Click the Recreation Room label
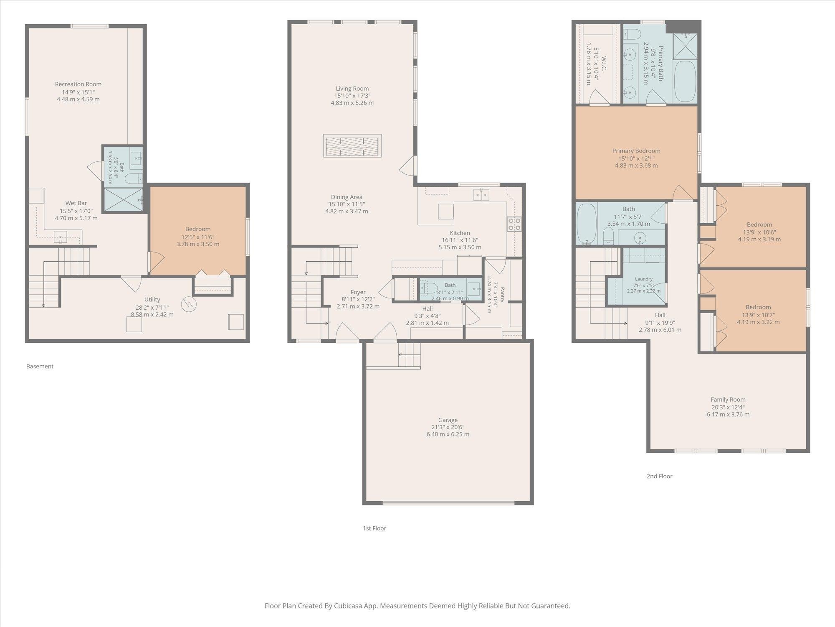pyautogui.click(x=78, y=84)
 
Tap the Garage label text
pyautogui.click(x=448, y=420)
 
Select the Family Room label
pyautogui.click(x=728, y=400)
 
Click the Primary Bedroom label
pyautogui.click(x=636, y=151)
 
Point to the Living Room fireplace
pyautogui.click(x=352, y=145)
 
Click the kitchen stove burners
pyautogui.click(x=514, y=224)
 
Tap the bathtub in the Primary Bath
pyautogui.click(x=685, y=82)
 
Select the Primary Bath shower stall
pyautogui.click(x=685, y=46)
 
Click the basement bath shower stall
pyautogui.click(x=123, y=199)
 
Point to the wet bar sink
pyautogui.click(x=61, y=237)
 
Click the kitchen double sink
pyautogui.click(x=481, y=195)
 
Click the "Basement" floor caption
pyautogui.click(x=40, y=367)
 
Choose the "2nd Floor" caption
pyautogui.click(x=660, y=476)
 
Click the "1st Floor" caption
pyautogui.click(x=374, y=528)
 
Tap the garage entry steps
pyautogui.click(x=409, y=355)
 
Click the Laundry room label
pyautogui.click(x=644, y=279)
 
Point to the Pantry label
pyautogui.click(x=502, y=294)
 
